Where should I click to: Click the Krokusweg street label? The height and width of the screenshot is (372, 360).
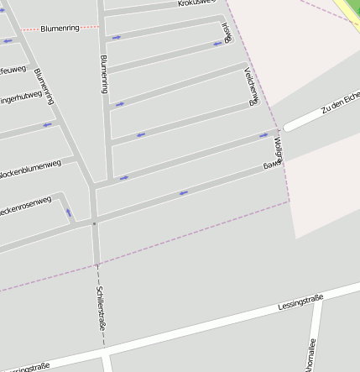point(197,4)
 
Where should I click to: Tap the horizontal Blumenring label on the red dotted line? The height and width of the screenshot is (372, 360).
point(60,29)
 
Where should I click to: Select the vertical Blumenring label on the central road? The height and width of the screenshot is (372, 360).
point(104,74)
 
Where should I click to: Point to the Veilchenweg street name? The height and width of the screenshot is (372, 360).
point(248,87)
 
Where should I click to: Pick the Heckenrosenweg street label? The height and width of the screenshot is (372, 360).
point(25,206)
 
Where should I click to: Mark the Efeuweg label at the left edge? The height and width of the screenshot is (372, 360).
point(13,71)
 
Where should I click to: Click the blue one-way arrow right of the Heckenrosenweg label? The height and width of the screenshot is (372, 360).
point(68,212)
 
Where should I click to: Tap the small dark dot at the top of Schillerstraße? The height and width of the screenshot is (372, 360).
point(94,223)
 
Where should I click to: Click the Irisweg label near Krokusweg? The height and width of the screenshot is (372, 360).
point(225,32)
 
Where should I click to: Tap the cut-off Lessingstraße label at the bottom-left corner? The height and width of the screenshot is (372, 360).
point(25,367)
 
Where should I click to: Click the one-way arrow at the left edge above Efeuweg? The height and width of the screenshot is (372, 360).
point(8,40)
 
